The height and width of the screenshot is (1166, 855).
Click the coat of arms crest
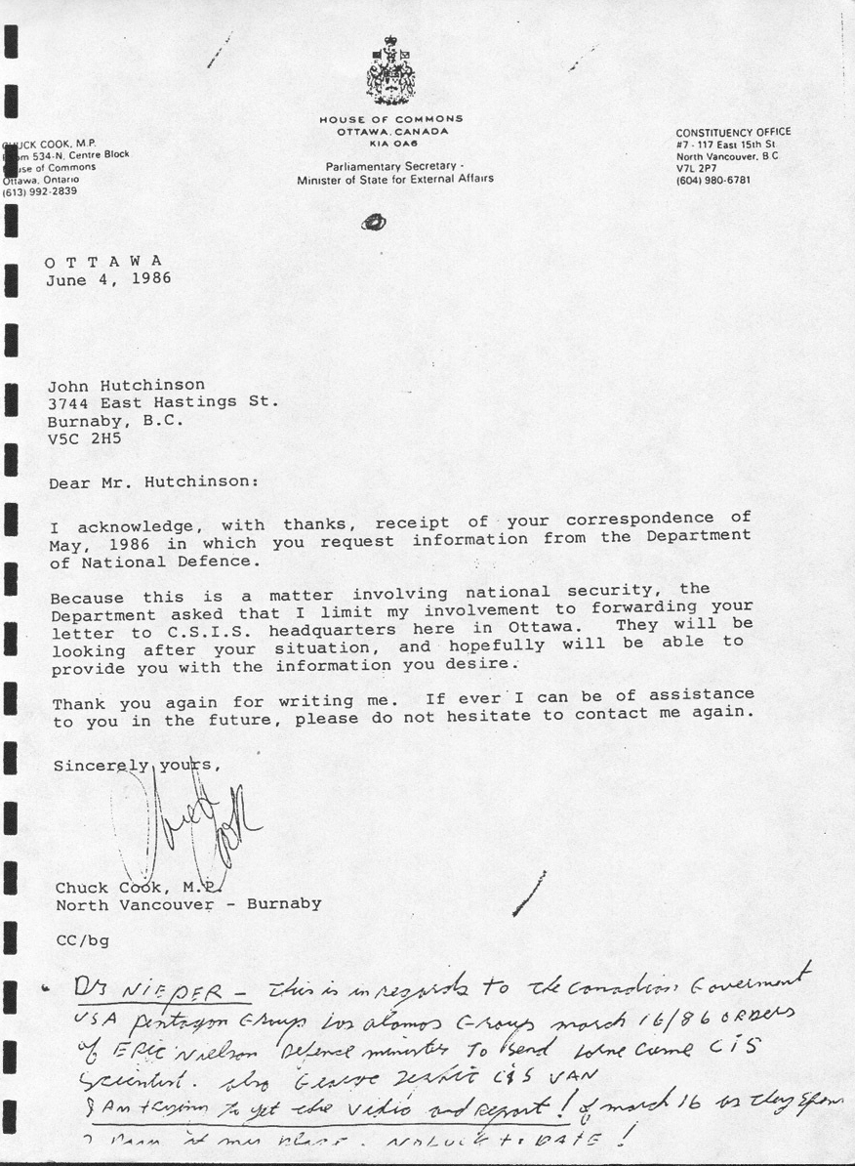coord(390,70)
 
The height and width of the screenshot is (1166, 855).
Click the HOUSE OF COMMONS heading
coord(390,119)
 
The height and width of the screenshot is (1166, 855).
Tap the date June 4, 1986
coord(108,278)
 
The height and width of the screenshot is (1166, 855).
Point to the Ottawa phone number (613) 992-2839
coord(41,191)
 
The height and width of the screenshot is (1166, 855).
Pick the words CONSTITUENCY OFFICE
coord(733,132)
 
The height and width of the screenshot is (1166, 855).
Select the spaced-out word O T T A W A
coord(102,261)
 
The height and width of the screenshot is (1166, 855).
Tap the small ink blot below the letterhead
coord(373,222)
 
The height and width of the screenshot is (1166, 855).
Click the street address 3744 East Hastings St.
coord(164,402)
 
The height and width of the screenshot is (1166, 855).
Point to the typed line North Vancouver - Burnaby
coord(187,904)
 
